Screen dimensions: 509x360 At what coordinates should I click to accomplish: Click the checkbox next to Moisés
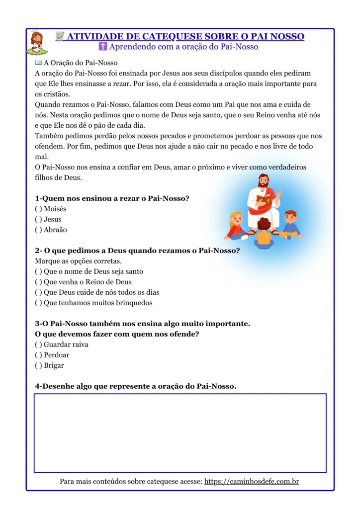(x=38, y=209)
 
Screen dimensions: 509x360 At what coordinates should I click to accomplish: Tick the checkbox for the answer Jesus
(x=38, y=220)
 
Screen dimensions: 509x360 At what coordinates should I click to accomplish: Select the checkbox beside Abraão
(x=38, y=230)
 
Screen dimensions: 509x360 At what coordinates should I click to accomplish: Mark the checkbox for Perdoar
(x=38, y=355)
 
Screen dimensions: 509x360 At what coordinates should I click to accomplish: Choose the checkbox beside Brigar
(x=38, y=366)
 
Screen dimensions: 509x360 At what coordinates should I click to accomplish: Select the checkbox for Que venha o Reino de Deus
(x=38, y=282)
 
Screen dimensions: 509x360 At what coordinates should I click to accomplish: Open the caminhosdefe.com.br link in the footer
(x=251, y=482)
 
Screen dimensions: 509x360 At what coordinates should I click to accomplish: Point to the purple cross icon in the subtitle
(x=103, y=47)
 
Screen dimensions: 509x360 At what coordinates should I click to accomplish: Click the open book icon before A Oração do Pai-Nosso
(x=38, y=63)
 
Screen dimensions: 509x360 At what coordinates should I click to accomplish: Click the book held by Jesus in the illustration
(x=264, y=200)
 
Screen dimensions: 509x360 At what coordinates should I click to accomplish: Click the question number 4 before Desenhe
(x=37, y=386)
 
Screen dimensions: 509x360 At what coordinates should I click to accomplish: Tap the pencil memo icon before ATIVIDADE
(x=60, y=36)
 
